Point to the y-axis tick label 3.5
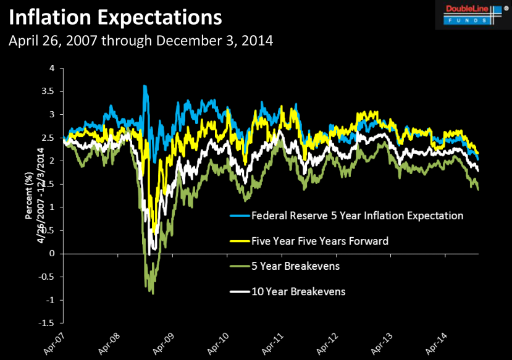click(x=48, y=91)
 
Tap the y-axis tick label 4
click(x=52, y=68)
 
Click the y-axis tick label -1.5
click(x=47, y=323)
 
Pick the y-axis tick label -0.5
click(x=47, y=277)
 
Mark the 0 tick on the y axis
click(x=52, y=253)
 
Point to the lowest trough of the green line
click(x=152, y=293)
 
